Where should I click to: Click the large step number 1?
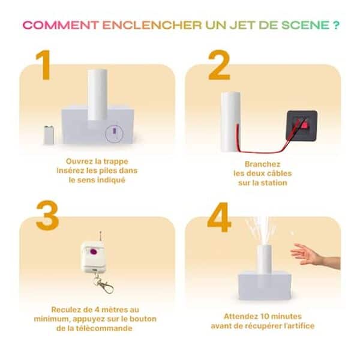(x=43, y=65)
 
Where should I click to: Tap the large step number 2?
(x=219, y=65)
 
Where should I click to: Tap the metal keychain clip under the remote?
(x=104, y=284)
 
